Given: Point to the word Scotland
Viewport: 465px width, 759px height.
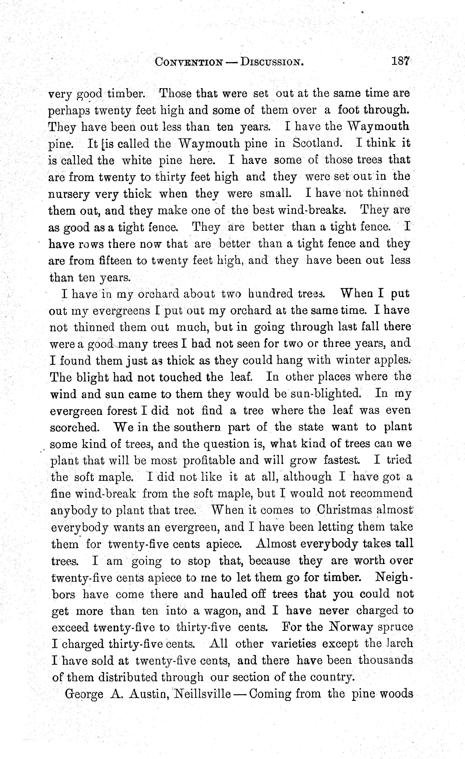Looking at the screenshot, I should click(316, 143).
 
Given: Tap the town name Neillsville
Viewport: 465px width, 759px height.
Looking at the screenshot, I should click(203, 694).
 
